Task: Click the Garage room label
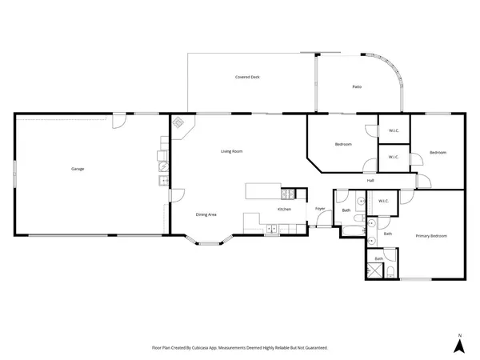[78, 169]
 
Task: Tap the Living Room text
[232, 151]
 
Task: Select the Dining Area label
[206, 214]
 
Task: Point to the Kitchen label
[284, 209]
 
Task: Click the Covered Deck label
[247, 78]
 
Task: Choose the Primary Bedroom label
[431, 236]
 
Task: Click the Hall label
[370, 181]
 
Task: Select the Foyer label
[320, 209]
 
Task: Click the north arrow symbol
[459, 346]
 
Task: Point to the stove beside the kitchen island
[289, 193]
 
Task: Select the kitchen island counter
[264, 192]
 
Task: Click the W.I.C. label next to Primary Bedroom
[382, 202]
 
